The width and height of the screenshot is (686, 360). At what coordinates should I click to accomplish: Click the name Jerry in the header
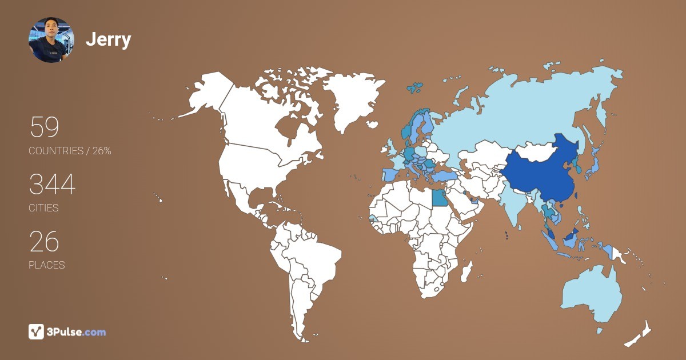(108, 40)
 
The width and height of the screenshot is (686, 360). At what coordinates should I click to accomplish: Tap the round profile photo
(51, 39)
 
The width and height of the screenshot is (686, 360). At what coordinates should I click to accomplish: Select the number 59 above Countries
(44, 127)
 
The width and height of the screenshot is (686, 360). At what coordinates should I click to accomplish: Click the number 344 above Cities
(52, 185)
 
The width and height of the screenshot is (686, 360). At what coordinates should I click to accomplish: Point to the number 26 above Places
(44, 242)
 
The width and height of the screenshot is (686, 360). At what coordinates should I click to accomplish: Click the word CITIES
(44, 208)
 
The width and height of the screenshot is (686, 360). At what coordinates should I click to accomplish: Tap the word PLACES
(47, 265)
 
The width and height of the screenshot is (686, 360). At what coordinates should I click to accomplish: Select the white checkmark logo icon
(37, 331)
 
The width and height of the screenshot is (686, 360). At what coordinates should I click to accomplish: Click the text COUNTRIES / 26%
(70, 151)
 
